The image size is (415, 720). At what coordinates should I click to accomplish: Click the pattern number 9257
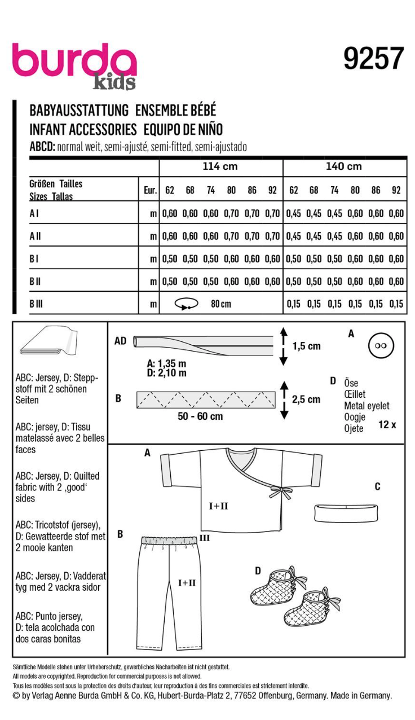point(374,59)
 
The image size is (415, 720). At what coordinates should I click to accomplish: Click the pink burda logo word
point(74,61)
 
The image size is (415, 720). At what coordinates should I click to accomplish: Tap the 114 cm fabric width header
point(220,166)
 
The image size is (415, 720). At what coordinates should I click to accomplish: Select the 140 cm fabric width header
point(343,166)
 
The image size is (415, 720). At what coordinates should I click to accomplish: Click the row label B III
point(36,304)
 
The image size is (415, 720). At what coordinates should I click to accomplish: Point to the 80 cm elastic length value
point(221,304)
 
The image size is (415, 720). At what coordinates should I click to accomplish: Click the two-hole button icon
point(380,345)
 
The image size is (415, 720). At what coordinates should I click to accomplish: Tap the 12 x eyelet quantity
point(387,424)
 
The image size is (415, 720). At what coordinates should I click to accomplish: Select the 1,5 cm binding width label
point(306,346)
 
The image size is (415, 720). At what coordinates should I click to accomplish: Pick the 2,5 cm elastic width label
point(306,399)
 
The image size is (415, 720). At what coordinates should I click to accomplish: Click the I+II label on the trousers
point(187,583)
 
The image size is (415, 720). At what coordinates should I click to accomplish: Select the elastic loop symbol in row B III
point(187,304)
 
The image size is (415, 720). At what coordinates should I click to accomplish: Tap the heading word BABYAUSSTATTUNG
point(79,111)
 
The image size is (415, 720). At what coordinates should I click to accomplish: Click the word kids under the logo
point(114,82)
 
